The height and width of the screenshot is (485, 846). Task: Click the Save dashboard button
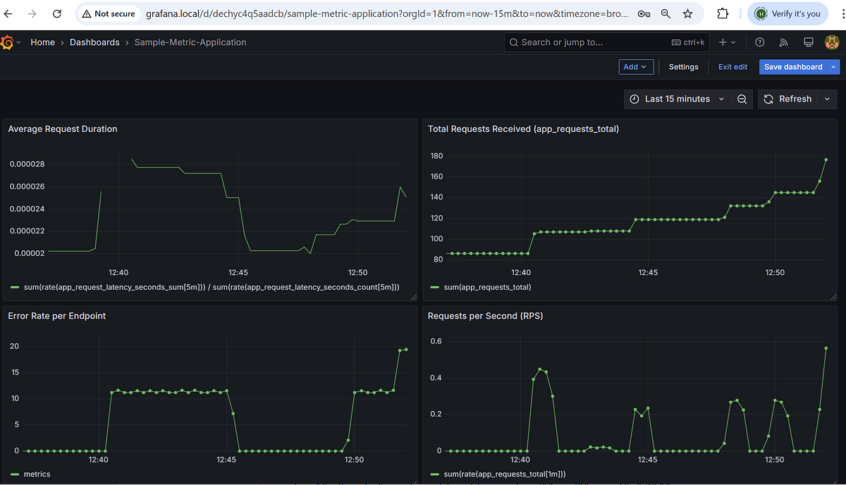point(793,67)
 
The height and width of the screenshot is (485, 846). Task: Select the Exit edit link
point(732,67)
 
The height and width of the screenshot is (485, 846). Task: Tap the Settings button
point(683,67)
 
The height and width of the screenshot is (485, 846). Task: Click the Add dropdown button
point(635,67)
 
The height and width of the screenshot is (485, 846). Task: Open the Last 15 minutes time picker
point(677,99)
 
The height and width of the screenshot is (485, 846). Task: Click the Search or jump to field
point(592,42)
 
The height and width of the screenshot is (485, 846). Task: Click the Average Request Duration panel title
point(63,129)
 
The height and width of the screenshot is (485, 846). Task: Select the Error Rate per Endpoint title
point(57,316)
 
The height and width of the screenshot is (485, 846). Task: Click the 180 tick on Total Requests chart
point(436,156)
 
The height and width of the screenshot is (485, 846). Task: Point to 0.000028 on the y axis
point(27,164)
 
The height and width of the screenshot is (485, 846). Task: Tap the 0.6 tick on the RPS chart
point(436,342)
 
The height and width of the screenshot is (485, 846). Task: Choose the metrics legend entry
point(37,474)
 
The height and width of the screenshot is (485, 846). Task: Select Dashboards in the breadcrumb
point(94,42)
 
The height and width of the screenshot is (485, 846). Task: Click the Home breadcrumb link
point(42,42)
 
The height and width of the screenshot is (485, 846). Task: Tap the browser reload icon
point(57,13)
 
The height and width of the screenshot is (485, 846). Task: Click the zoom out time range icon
point(742,99)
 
